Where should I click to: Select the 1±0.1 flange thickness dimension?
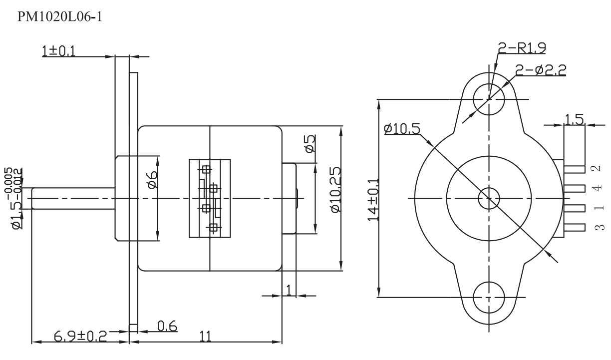click(59, 52)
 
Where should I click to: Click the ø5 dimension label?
click(310, 145)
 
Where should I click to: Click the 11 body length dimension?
click(205, 336)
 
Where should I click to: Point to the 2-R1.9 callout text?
click(522, 48)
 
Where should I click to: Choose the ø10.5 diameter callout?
click(402, 129)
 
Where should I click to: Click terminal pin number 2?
click(598, 169)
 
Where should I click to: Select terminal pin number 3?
click(598, 228)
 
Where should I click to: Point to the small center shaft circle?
click(489, 198)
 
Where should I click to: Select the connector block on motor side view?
click(210, 198)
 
